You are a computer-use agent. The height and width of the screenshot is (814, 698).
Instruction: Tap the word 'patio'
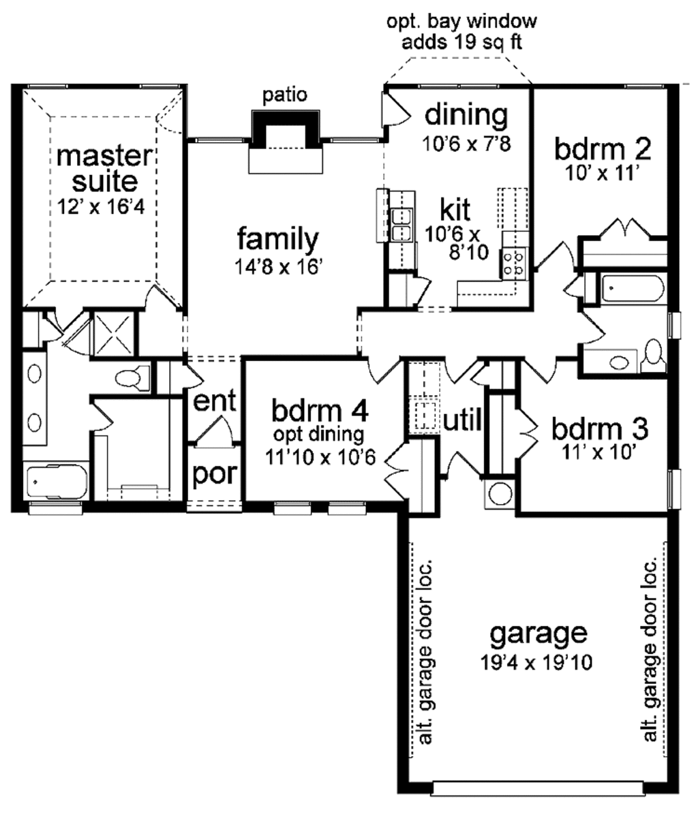[x=285, y=95]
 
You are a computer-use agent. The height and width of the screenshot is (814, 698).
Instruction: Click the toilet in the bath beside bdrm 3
[x=653, y=356]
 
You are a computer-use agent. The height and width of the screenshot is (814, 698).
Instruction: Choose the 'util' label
[x=463, y=420]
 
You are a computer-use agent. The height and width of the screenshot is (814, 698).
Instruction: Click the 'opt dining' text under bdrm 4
[x=318, y=434]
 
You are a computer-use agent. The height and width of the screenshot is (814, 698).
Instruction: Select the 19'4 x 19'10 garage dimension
[x=538, y=662]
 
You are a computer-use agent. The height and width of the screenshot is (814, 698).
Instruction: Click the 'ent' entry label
[x=215, y=401]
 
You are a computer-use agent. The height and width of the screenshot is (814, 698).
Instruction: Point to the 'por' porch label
[x=214, y=475]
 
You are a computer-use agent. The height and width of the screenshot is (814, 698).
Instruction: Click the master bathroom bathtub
[x=57, y=482]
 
